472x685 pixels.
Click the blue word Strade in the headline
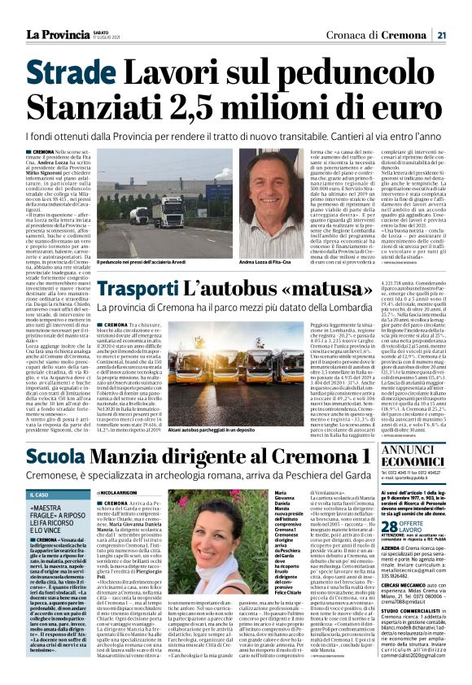tap(71, 74)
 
